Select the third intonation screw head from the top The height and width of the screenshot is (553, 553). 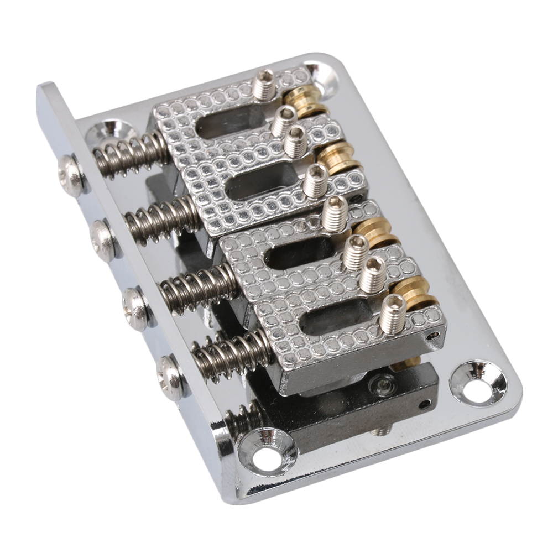(135, 309)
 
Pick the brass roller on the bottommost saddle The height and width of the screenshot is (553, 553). (415, 294)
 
